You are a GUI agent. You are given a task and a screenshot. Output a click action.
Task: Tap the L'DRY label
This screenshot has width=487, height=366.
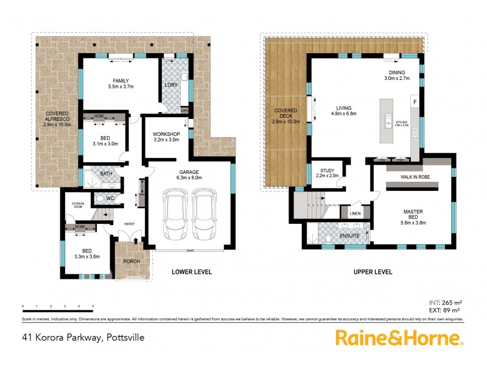(x=171, y=85)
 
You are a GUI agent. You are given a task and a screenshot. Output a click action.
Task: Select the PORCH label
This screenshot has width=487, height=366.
(x=131, y=261)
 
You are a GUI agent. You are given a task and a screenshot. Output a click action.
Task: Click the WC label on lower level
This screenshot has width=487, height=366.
(x=111, y=198)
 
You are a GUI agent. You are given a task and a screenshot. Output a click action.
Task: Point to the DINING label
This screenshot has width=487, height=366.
(x=397, y=75)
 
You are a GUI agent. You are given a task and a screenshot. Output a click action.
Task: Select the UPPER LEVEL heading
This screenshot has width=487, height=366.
(x=373, y=272)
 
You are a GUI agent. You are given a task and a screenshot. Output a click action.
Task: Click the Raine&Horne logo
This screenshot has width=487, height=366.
(x=400, y=337)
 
